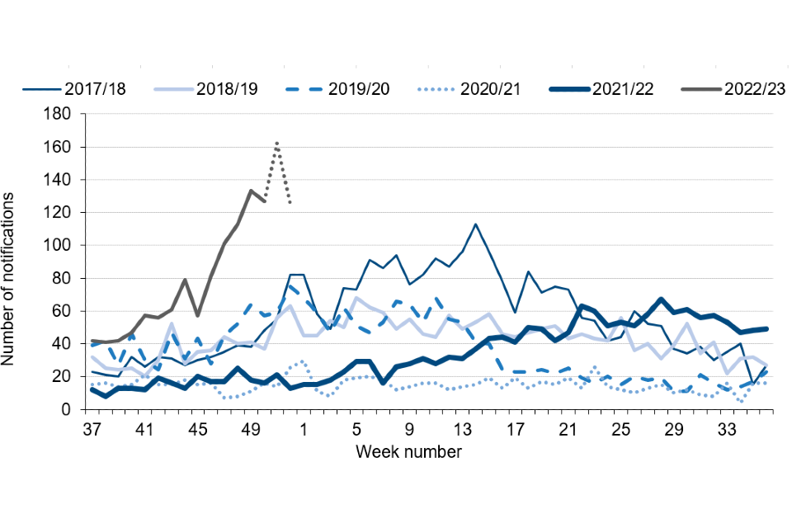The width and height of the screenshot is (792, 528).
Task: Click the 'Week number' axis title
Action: point(409,451)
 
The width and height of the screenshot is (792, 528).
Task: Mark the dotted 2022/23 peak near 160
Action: point(277,143)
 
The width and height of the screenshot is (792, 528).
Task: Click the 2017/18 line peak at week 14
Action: point(475,224)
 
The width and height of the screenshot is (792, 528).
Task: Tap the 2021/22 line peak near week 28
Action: point(661,299)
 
